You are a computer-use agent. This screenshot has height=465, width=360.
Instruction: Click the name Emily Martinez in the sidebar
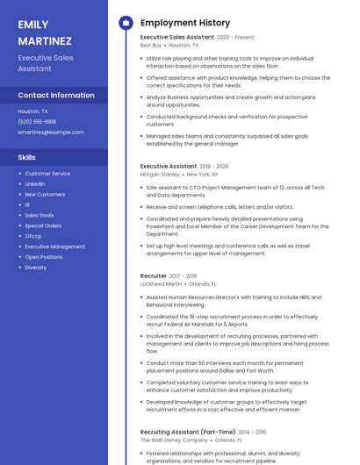(x=45, y=32)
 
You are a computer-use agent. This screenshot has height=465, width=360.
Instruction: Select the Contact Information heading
(x=56, y=95)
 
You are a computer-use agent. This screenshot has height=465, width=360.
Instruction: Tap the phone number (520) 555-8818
(x=37, y=122)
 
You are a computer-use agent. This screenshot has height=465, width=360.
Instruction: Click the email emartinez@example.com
(x=51, y=132)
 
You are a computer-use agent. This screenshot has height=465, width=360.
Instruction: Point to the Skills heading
(x=26, y=157)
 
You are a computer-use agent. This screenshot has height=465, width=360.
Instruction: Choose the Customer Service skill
(x=47, y=174)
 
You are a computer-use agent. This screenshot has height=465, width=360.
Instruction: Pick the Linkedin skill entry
(x=35, y=184)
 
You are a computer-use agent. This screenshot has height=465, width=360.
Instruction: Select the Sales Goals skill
(x=40, y=215)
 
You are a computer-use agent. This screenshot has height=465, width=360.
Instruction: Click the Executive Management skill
(x=55, y=247)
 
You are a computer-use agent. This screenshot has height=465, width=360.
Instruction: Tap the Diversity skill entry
(x=36, y=268)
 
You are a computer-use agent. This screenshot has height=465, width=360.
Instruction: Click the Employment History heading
(x=185, y=23)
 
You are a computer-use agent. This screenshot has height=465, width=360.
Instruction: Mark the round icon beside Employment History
(x=125, y=23)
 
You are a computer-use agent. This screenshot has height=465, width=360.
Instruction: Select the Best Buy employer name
(x=150, y=46)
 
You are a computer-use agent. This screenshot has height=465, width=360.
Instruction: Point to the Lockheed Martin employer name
(x=162, y=284)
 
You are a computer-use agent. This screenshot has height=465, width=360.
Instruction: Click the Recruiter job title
(x=154, y=275)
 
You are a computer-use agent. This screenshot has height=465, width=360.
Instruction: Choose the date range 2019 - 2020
(x=213, y=166)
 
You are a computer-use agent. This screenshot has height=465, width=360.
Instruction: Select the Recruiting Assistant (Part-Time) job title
(x=188, y=432)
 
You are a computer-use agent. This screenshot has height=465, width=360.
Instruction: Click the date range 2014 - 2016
(x=252, y=432)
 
